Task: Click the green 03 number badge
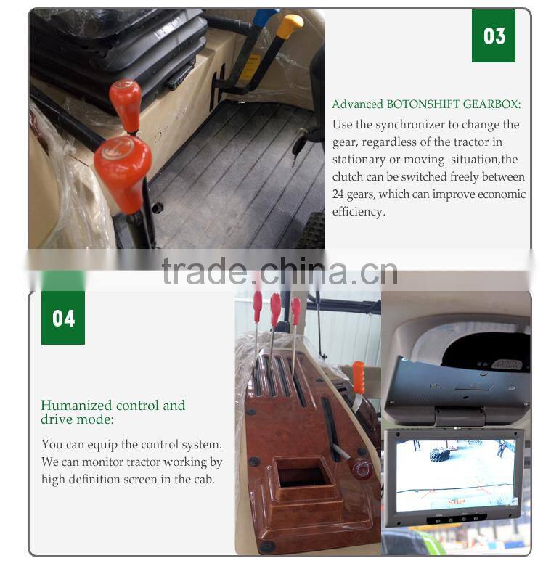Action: click(493, 36)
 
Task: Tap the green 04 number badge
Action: click(63, 318)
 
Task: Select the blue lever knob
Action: click(265, 17)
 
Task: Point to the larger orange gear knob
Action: click(123, 173)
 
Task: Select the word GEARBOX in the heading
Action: click(491, 104)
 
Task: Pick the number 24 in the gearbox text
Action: click(338, 194)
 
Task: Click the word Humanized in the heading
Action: click(76, 405)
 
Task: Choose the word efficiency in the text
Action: click(359, 212)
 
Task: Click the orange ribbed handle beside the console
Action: click(359, 377)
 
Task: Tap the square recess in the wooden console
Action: click(303, 472)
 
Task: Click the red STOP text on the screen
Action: click(457, 501)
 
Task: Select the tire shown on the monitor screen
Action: click(439, 455)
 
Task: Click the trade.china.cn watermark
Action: click(279, 271)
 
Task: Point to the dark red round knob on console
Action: click(362, 468)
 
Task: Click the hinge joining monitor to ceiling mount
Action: click(460, 417)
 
